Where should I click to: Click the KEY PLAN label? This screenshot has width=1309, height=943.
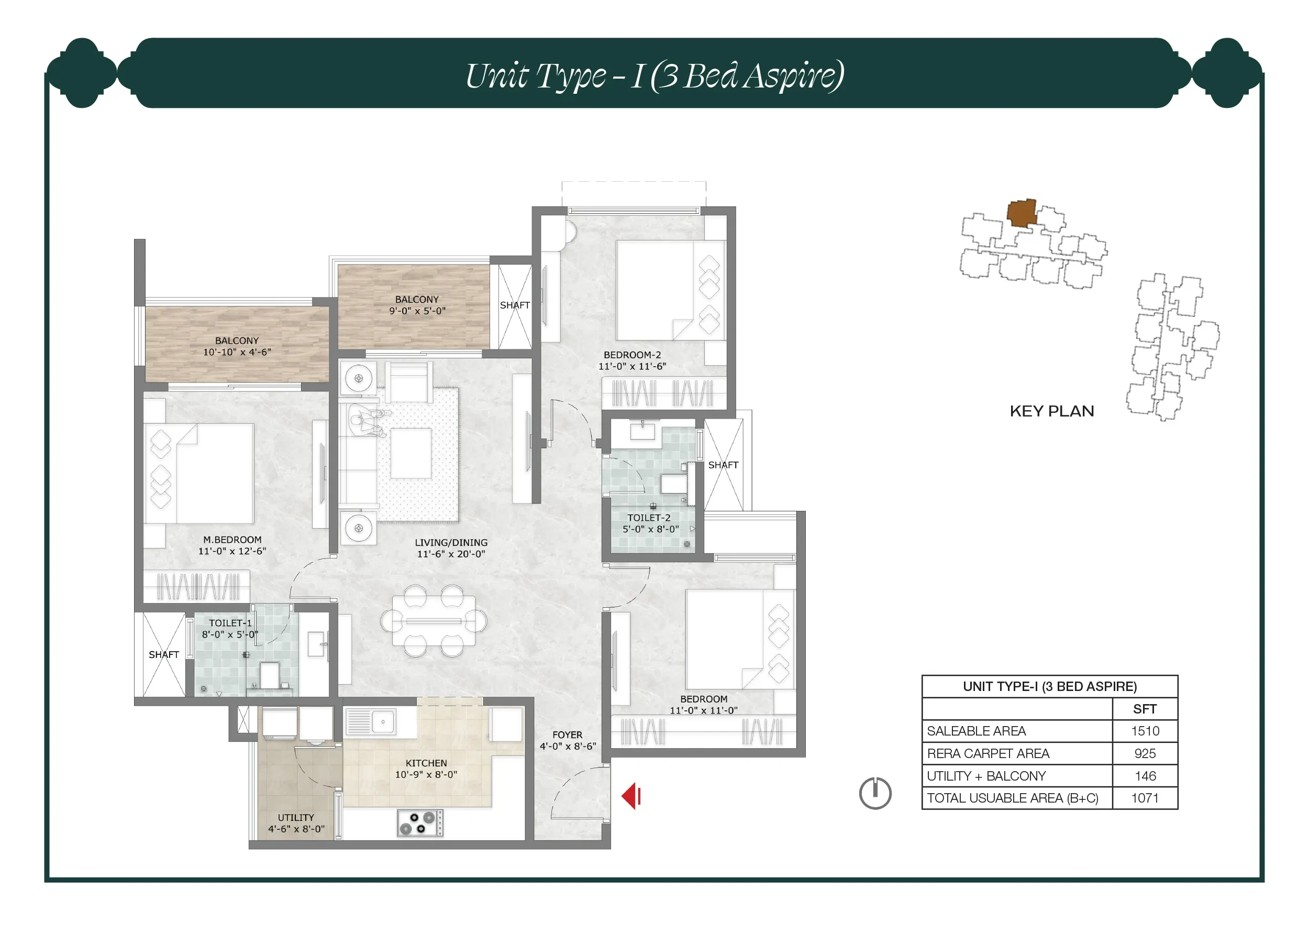click(x=1051, y=411)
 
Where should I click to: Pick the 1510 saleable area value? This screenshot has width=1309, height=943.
click(x=1145, y=731)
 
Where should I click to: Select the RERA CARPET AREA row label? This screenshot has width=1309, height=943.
click(x=988, y=753)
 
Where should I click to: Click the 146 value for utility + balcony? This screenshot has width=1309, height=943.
click(x=1145, y=776)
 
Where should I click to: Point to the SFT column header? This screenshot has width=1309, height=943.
click(x=1145, y=708)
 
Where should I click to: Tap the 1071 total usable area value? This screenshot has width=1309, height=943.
click(x=1145, y=798)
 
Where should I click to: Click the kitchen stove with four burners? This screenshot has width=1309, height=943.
click(x=419, y=823)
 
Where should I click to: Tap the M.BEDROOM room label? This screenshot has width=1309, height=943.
click(x=232, y=540)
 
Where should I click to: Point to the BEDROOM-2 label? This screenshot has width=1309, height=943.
click(x=633, y=355)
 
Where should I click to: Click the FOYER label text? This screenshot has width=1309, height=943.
click(x=568, y=735)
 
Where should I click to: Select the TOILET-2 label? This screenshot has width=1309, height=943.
click(x=649, y=518)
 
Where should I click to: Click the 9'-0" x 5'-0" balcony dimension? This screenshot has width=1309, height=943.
click(x=417, y=311)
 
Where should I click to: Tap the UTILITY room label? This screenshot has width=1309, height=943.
click(x=296, y=818)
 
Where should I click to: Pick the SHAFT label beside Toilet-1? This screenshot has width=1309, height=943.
click(x=164, y=655)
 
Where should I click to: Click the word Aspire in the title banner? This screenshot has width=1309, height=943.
click(x=794, y=76)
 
